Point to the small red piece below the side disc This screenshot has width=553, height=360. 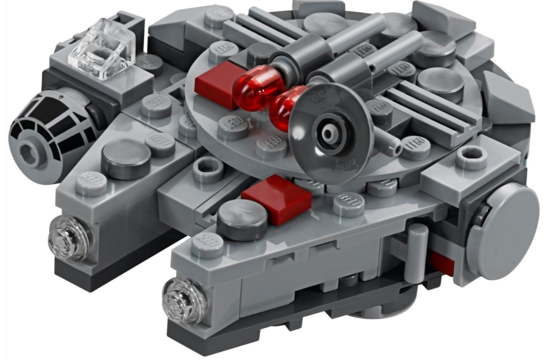442,262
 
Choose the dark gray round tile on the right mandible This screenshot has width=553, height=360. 242,219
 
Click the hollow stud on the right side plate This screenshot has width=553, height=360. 471,156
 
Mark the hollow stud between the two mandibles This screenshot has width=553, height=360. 208,169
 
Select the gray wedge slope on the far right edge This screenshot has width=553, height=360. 507,99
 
